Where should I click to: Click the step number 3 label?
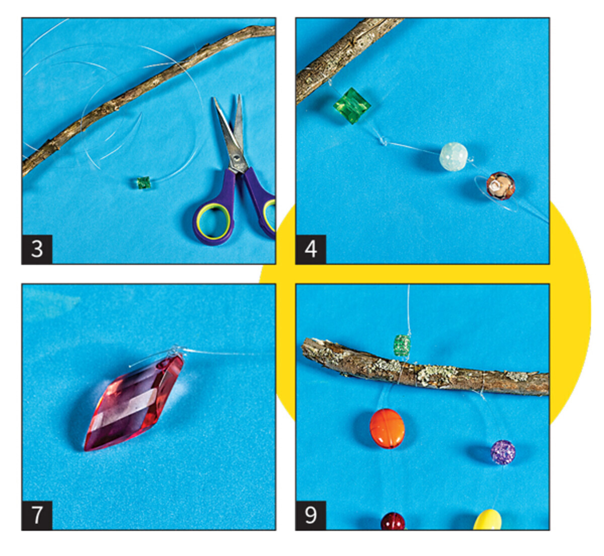point(37,249)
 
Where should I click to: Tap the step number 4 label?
point(311,249)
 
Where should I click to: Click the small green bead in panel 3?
point(143,183)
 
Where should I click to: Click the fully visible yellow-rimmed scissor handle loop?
point(213,222)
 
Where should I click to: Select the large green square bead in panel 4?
point(352,106)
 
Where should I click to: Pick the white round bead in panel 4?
point(454,157)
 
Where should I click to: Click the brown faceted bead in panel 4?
point(501,186)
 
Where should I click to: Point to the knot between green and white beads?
point(384,142)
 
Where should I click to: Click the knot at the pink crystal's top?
point(176,350)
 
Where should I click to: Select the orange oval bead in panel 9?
point(387,429)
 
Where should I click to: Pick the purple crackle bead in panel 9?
point(503,452)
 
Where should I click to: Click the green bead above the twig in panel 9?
point(403,345)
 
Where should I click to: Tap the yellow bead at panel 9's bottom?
point(488,520)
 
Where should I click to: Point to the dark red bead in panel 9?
point(393,522)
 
